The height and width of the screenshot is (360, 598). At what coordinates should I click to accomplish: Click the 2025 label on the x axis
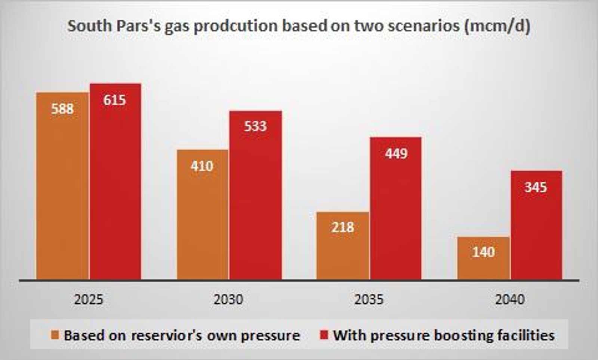pyautogui.click(x=89, y=300)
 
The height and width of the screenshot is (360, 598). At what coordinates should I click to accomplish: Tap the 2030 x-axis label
pyautogui.click(x=228, y=300)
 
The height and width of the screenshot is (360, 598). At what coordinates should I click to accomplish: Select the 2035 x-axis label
pyautogui.click(x=369, y=300)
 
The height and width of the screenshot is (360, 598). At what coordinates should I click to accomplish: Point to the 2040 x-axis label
pyautogui.click(x=510, y=300)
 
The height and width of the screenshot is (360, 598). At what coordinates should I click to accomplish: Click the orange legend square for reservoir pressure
pyautogui.click(x=55, y=335)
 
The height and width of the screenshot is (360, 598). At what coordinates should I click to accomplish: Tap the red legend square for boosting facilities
pyautogui.click(x=324, y=335)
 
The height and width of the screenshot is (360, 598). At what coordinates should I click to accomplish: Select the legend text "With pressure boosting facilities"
pyautogui.click(x=444, y=335)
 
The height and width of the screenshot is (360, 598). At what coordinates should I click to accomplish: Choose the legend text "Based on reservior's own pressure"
pyautogui.click(x=182, y=335)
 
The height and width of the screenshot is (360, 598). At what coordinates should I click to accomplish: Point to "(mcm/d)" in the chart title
pyautogui.click(x=497, y=26)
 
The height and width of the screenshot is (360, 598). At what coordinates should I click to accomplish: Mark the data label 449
pyautogui.click(x=396, y=154)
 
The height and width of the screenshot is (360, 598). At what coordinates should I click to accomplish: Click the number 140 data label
pyautogui.click(x=484, y=252)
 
